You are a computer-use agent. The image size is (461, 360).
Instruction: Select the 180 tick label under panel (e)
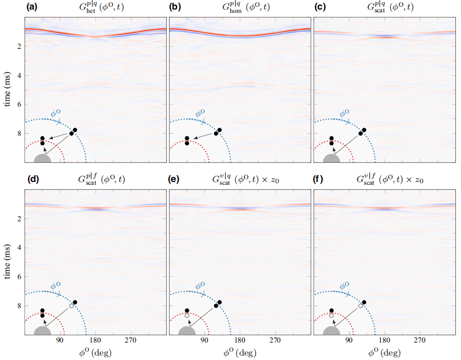click(240, 340)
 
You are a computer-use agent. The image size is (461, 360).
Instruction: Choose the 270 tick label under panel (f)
click(419, 340)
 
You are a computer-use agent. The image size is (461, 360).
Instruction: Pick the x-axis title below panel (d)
click(95, 353)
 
